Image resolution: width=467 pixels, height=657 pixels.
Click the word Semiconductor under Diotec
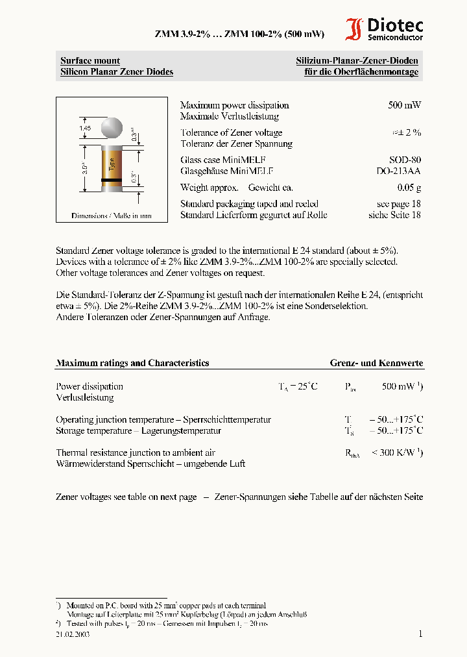(395, 38)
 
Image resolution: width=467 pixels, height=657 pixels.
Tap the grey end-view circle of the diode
(112, 128)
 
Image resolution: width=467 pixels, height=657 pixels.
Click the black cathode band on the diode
(112, 179)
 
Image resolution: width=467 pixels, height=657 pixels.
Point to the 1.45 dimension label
(85, 129)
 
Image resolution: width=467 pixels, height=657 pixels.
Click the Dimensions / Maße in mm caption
(112, 216)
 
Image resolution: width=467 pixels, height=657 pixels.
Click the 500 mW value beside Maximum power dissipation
(404, 105)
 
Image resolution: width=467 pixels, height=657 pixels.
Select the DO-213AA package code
(398, 171)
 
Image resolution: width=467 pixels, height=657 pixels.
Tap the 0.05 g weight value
(409, 188)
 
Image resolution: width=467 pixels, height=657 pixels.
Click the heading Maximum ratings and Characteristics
(132, 363)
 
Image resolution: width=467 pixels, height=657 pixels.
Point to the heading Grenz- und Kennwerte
(376, 363)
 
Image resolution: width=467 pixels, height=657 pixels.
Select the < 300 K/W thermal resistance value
(397, 452)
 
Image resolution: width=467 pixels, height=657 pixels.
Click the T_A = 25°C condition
(298, 386)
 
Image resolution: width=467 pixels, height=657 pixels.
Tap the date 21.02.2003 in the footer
(73, 634)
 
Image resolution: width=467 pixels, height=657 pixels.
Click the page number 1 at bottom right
(420, 634)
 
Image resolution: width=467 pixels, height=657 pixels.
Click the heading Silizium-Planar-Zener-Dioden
(357, 61)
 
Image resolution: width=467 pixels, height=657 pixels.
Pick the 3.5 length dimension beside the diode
(85, 170)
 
